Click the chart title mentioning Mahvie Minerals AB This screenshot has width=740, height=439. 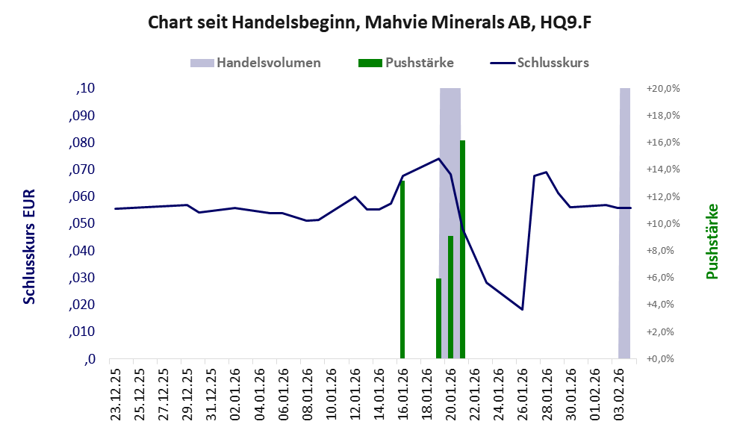[x=370, y=22]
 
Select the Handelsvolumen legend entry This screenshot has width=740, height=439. [x=258, y=63]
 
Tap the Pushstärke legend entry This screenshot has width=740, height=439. [x=407, y=63]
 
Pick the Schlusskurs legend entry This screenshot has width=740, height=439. [x=541, y=63]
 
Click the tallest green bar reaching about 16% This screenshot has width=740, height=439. [x=462, y=249]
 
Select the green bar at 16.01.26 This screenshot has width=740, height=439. [x=402, y=269]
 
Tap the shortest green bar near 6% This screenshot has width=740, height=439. [x=438, y=318]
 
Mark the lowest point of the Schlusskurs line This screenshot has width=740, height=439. [x=522, y=309]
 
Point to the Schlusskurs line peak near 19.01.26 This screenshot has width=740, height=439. [x=438, y=158]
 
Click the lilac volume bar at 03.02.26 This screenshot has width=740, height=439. [x=624, y=224]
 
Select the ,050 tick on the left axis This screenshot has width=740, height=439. [x=84, y=223]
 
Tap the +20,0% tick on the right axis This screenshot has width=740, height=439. [x=664, y=88]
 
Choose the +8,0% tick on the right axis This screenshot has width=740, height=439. [x=663, y=251]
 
